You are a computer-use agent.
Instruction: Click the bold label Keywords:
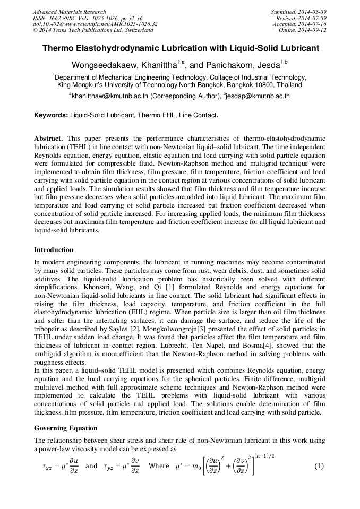51,115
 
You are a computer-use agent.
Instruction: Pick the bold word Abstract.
49,138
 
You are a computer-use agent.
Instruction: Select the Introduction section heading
54,250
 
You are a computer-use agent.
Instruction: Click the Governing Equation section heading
66,428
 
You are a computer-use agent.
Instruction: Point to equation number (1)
319,466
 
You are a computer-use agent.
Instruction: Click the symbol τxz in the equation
48,467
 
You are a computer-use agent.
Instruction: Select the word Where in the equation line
159,466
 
